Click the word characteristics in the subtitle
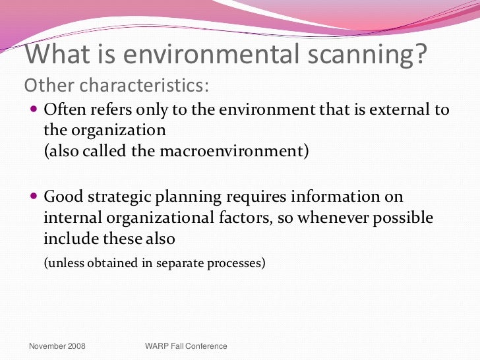141,86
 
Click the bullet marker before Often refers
35,109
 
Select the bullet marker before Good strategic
35,197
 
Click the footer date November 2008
57,346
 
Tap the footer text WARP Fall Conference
185,346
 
